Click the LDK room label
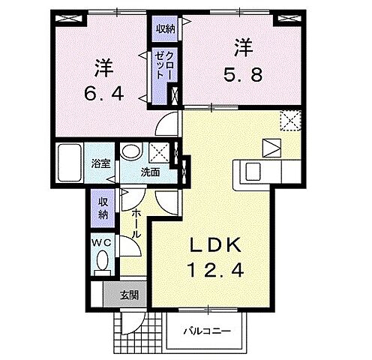tap(216, 245)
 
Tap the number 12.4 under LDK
tap(215, 270)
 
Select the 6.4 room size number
tap(104, 94)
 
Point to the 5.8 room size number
tap(243, 75)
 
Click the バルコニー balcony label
tap(207, 331)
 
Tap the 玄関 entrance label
tap(129, 295)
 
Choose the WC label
tap(101, 243)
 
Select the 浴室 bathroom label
tap(100, 163)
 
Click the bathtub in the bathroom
tap(70, 163)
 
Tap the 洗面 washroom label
tap(150, 172)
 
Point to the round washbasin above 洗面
tap(131, 151)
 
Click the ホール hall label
tap(136, 223)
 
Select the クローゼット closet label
tap(163, 65)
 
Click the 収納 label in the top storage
tap(166, 29)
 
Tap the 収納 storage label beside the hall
tap(103, 208)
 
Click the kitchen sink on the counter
tap(253, 172)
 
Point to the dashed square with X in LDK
tap(290, 121)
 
